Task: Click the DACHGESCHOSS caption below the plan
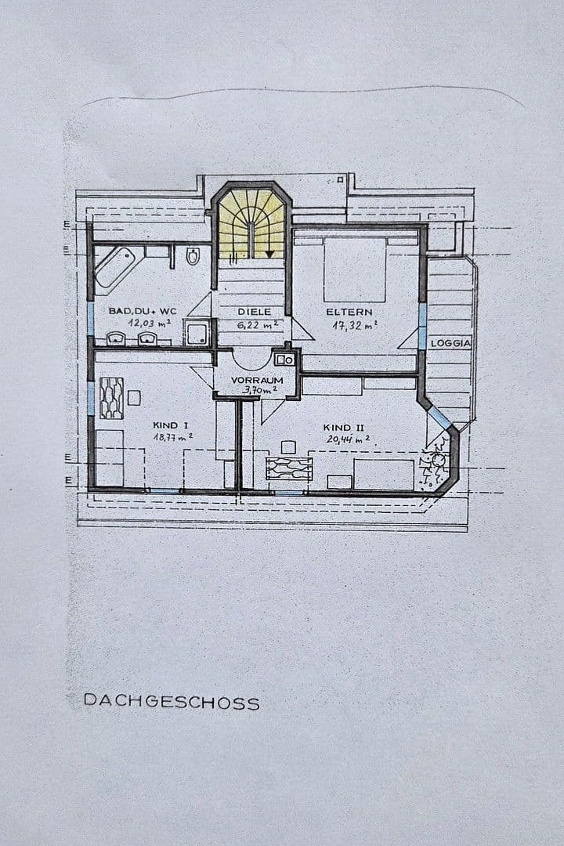171,702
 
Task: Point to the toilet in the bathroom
193,256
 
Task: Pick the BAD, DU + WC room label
143,311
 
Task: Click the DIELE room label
255,312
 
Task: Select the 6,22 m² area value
258,324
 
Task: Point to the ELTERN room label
349,312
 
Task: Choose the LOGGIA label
450,343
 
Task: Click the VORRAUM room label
255,378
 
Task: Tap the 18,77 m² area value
173,437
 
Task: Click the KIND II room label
342,428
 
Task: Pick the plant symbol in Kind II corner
435,467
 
